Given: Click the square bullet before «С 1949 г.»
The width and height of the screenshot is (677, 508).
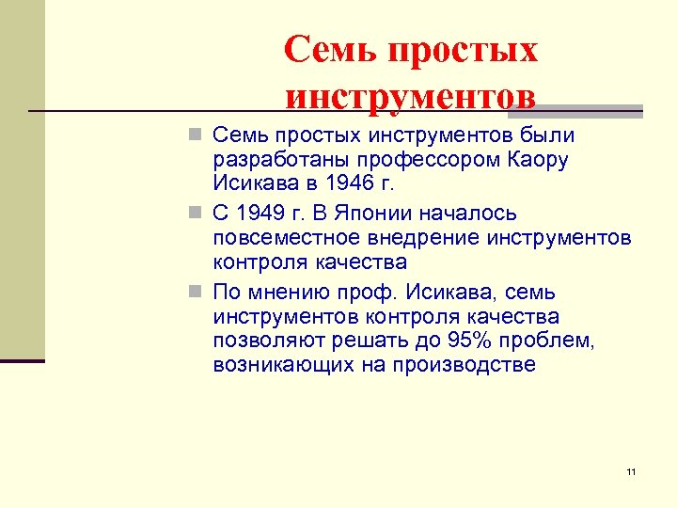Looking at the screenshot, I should point(194,214).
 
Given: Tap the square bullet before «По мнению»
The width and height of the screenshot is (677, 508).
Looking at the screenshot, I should point(194,291).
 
